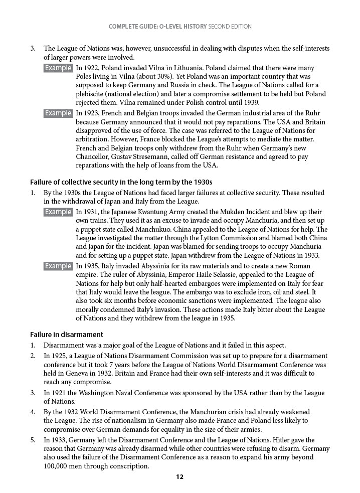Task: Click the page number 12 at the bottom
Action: [x=179, y=477]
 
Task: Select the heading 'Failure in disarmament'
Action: [x=67, y=335]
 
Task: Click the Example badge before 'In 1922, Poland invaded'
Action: [x=59, y=68]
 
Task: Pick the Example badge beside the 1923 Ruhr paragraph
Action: [x=59, y=113]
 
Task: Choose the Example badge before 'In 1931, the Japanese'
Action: [x=59, y=212]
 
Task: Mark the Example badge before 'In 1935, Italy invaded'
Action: [x=59, y=266]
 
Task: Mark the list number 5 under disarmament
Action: [x=33, y=440]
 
